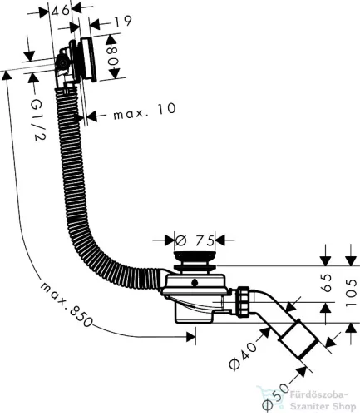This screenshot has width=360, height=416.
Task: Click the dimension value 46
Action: [61, 10]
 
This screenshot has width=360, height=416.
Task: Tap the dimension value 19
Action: [122, 21]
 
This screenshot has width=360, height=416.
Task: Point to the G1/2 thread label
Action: [37, 120]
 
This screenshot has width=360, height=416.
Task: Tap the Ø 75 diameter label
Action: [195, 240]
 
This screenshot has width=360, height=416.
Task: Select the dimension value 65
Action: [327, 283]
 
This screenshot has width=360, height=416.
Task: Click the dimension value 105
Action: [352, 293]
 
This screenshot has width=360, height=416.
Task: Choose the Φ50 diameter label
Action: [275, 397]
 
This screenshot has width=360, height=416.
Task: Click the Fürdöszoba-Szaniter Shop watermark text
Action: [323, 401]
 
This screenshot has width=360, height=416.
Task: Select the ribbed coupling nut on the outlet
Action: [243, 301]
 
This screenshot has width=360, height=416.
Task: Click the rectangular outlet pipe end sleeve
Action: [298, 339]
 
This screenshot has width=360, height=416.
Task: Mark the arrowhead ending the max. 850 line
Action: [191, 337]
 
